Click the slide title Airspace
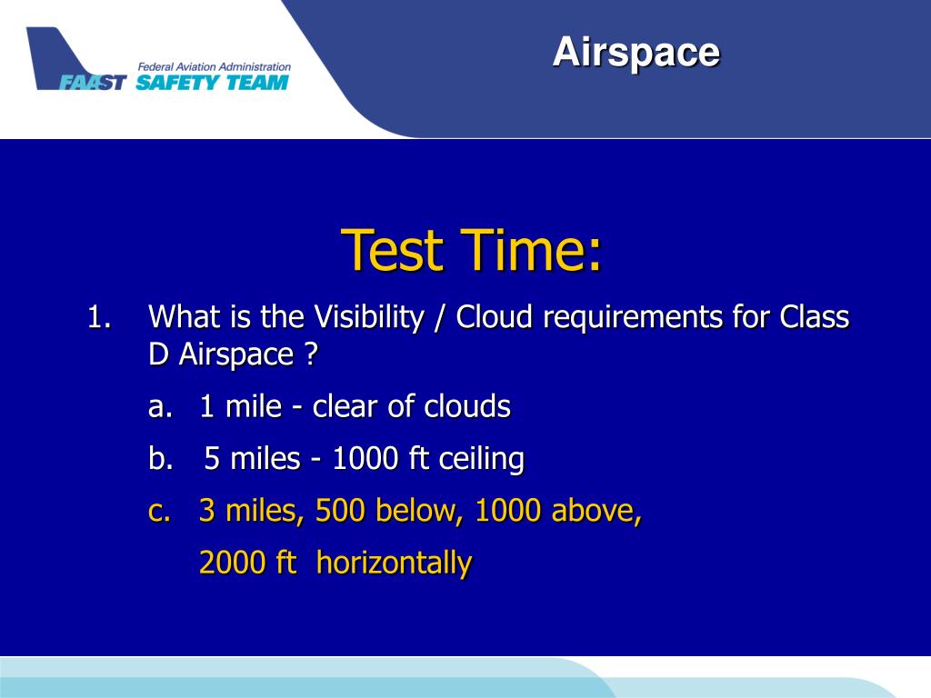click(636, 53)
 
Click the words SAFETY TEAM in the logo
click(213, 82)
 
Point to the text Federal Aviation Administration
click(215, 67)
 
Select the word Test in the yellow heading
click(393, 250)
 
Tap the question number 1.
click(99, 317)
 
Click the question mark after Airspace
click(312, 355)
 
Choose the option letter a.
click(160, 407)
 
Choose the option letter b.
click(161, 459)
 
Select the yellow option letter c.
click(159, 512)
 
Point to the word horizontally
click(395, 563)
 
